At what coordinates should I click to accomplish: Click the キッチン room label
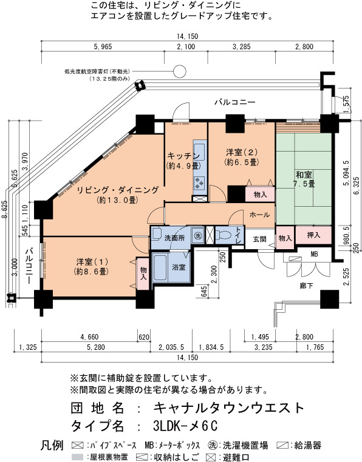[x=183, y=155]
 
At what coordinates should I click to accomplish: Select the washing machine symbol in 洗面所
[x=197, y=236]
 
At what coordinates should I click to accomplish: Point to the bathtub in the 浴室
[x=160, y=267]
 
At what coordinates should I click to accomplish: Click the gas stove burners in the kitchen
[x=199, y=184]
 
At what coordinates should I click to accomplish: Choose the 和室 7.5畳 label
[x=304, y=179]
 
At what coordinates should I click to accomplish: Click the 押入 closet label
[x=313, y=235]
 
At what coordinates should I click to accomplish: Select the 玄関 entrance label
[x=259, y=239]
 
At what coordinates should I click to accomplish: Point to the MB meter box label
[x=314, y=253]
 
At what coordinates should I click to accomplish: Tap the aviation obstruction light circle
[x=179, y=71]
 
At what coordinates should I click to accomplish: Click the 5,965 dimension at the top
[x=103, y=47]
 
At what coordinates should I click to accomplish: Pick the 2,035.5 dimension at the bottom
[x=171, y=347]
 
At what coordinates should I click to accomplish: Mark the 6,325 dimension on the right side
[x=357, y=186]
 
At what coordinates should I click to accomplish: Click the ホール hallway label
[x=259, y=215]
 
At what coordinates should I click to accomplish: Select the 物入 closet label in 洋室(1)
[x=143, y=273]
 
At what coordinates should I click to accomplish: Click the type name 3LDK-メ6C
[x=185, y=425]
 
